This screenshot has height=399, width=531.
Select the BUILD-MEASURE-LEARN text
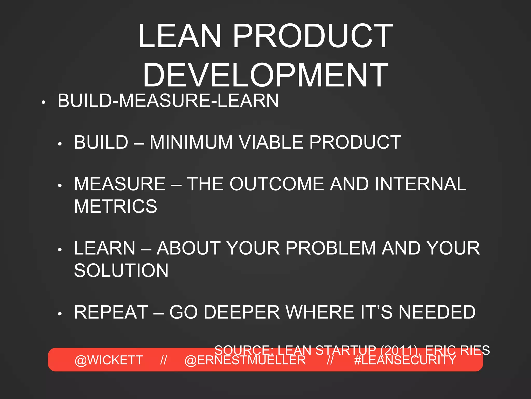pos(168,101)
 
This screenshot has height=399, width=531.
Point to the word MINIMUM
pos(191,142)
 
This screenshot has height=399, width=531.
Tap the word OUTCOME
pos(277,184)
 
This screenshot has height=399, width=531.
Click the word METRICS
pos(115,206)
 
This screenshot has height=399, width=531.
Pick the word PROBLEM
pos(331,248)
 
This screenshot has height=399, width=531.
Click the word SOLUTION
pos(121,270)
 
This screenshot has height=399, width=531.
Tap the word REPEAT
pos(111,312)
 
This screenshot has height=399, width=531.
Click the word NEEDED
pos(437,312)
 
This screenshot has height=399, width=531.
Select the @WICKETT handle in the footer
pos(109,360)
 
